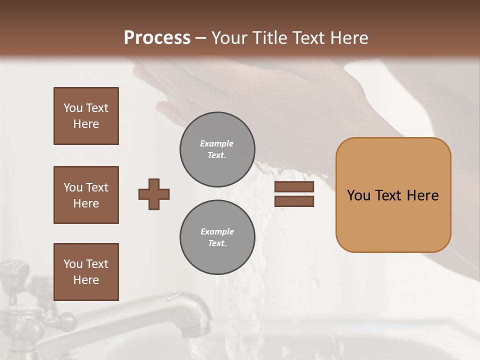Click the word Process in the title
(x=157, y=37)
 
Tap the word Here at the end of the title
(x=349, y=37)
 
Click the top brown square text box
(x=86, y=116)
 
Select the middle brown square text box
(x=86, y=195)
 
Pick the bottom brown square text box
(x=86, y=272)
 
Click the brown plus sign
(x=154, y=194)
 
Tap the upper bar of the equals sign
(x=294, y=187)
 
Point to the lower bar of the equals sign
(x=294, y=201)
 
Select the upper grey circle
(x=217, y=149)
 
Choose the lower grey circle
(x=217, y=237)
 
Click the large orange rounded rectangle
(x=393, y=195)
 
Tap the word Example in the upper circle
(x=217, y=144)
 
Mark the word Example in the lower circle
(x=217, y=232)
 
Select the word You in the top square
(x=73, y=108)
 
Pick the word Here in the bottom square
(x=86, y=280)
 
